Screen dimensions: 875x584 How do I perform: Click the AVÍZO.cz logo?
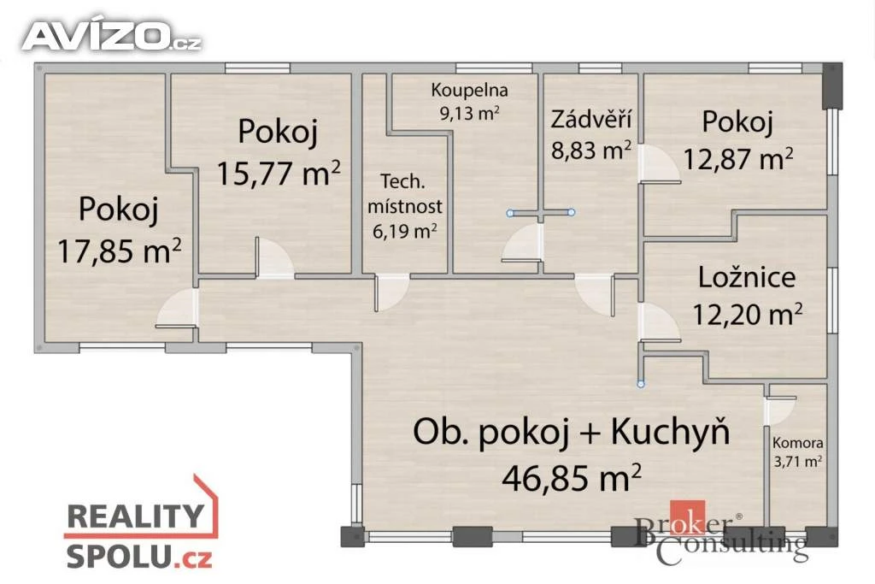click(x=112, y=36)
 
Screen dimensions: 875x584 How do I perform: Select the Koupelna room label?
click(x=469, y=90)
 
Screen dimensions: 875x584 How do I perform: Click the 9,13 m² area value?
click(x=469, y=114)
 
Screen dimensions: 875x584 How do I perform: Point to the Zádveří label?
click(x=591, y=119)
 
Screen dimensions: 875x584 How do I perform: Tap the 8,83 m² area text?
click(x=591, y=150)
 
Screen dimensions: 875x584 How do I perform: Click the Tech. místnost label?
click(x=404, y=194)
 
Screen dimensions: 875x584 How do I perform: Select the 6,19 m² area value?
click(x=404, y=230)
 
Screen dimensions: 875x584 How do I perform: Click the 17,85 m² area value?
click(x=120, y=251)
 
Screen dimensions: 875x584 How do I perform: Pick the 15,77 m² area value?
click(x=278, y=173)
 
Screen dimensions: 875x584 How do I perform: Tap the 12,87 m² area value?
click(x=737, y=158)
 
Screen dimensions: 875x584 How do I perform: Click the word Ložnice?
click(x=747, y=278)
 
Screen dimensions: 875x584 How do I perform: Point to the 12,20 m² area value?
click(x=747, y=315)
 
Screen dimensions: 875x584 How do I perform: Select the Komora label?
click(x=797, y=443)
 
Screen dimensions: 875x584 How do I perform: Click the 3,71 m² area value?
click(x=797, y=462)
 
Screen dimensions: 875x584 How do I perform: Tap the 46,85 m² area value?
click(x=572, y=477)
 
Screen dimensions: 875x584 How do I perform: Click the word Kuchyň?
click(x=671, y=432)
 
